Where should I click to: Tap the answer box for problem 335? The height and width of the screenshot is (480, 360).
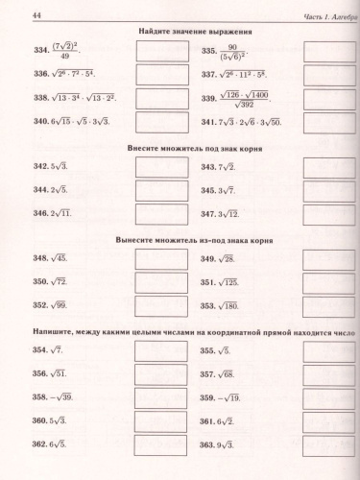(x=324, y=53)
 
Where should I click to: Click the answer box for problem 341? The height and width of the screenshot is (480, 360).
(x=324, y=122)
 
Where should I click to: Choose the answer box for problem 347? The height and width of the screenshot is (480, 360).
(x=324, y=213)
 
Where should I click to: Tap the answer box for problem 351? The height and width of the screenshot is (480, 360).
(x=324, y=282)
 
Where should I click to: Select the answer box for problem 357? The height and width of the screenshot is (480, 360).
(x=324, y=374)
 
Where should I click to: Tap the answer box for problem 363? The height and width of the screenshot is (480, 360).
(x=324, y=444)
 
